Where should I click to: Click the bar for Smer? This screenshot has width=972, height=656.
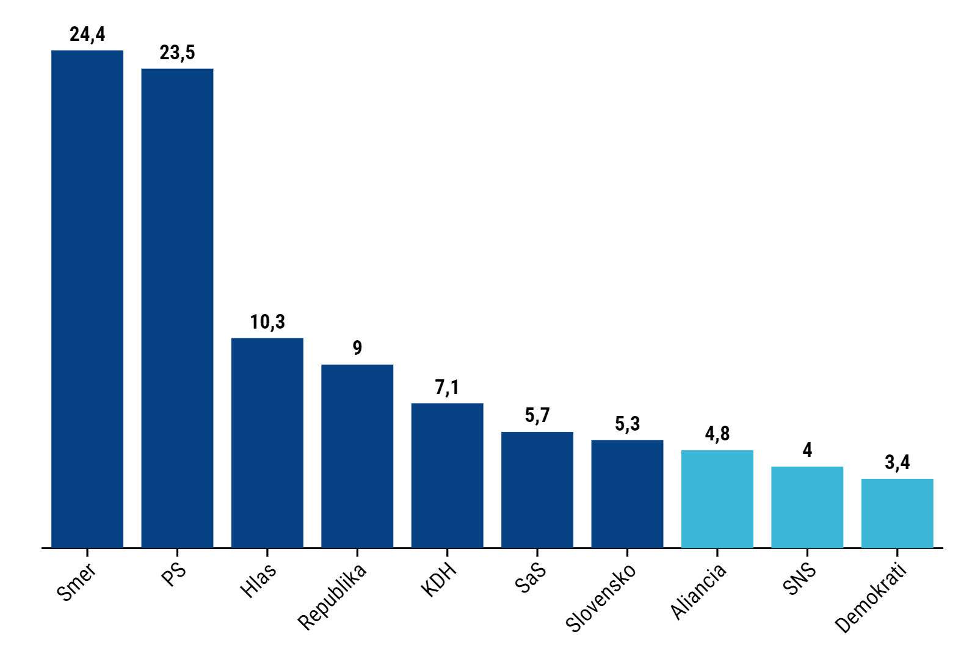point(87,299)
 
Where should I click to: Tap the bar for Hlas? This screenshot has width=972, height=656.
point(267,443)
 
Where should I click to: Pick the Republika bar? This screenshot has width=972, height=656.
point(357,456)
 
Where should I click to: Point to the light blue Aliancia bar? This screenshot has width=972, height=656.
point(717,499)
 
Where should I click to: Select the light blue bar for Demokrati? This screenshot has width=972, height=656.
point(897,513)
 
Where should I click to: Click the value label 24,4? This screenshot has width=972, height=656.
point(87,34)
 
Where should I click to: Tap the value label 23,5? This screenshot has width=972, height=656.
point(177,53)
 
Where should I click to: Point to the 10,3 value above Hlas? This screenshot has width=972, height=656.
point(267,322)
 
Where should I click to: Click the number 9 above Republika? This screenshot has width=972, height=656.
point(357,348)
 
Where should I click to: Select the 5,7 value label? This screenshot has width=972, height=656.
point(537,415)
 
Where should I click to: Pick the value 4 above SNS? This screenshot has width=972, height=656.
point(807,450)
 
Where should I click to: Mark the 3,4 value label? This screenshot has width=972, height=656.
point(897,462)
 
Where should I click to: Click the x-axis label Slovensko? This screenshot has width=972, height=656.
point(601,597)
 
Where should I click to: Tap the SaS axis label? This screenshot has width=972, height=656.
point(530,578)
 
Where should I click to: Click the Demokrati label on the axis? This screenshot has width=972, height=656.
point(870,599)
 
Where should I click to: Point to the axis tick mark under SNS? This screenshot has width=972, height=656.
point(807,553)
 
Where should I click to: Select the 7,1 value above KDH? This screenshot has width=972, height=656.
point(447,387)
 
